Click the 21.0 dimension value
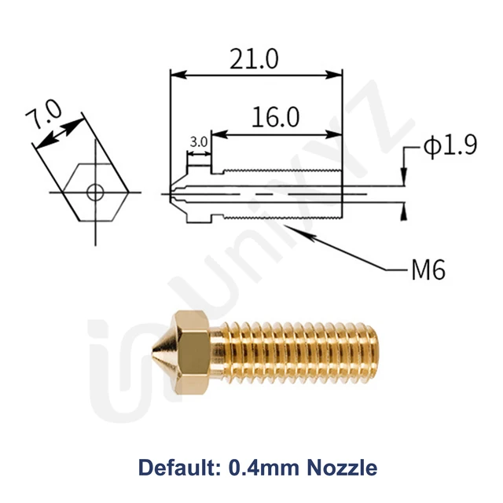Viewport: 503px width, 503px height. (x=256, y=59)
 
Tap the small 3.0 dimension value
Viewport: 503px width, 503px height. (x=198, y=142)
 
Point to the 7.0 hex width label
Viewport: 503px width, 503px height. (x=43, y=118)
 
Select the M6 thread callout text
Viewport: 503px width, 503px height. (x=428, y=270)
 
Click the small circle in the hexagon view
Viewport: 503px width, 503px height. (x=95, y=191)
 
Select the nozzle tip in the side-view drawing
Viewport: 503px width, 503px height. (x=176, y=193)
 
